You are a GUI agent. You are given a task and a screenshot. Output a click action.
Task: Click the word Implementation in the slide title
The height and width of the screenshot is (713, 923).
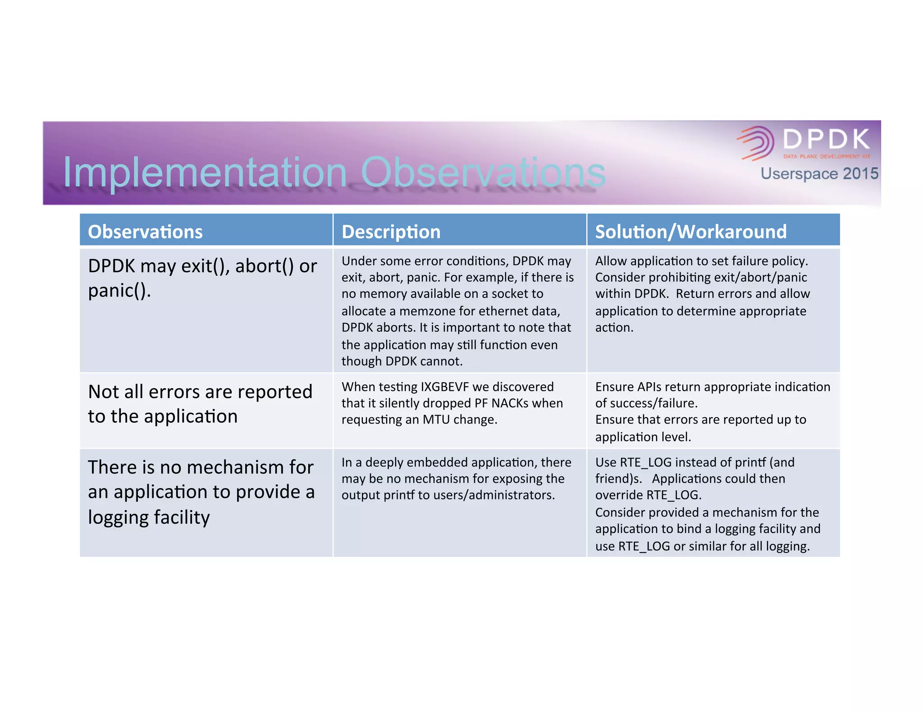205,172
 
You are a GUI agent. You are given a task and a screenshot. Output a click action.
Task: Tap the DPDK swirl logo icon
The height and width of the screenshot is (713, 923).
756,142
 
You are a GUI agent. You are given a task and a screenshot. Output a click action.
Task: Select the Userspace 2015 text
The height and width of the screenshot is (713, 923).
819,174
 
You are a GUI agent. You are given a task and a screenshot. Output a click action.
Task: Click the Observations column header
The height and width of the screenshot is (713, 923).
145,232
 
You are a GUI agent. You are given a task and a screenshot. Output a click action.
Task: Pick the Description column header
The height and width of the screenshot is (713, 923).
391,232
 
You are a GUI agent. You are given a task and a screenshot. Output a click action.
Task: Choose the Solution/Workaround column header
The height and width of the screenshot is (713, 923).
690,232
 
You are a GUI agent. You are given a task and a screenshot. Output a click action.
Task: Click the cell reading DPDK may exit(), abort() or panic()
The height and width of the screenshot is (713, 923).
202,278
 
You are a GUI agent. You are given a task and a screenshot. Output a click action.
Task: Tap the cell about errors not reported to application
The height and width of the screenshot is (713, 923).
200,404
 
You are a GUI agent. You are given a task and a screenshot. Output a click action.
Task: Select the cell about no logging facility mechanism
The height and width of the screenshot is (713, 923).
201,492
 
